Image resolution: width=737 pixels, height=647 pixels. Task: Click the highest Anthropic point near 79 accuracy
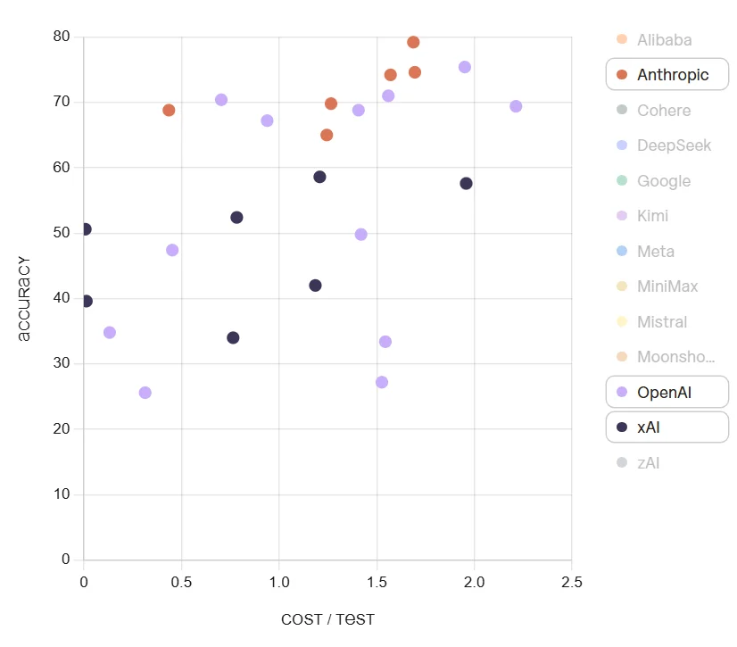413,42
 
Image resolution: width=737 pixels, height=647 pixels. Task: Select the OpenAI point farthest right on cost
516,106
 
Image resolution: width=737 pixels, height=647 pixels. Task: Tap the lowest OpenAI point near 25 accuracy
145,393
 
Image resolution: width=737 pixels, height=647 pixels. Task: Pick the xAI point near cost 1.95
466,183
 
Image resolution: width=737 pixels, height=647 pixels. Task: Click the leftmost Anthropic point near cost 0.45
169,110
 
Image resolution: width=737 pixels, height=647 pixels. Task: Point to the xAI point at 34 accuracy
233,337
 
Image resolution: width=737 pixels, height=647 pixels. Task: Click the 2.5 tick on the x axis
571,582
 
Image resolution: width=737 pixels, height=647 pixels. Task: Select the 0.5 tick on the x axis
181,582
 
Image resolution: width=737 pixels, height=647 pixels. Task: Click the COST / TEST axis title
327,619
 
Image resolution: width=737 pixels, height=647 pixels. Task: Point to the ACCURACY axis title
24,299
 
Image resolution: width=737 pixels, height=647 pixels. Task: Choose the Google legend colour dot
622,181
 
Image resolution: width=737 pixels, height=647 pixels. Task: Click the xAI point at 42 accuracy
315,286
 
